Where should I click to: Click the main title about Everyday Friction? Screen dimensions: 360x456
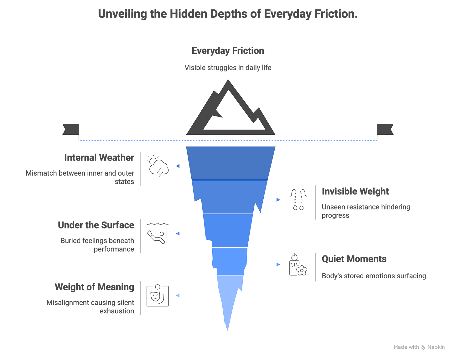[228, 14]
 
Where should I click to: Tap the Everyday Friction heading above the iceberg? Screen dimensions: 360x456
[228, 51]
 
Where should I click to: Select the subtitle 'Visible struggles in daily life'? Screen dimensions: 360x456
[228, 68]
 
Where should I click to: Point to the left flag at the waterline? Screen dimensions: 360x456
[71, 129]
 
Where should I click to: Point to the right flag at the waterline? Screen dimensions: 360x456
[385, 129]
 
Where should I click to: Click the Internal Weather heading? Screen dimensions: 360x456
[99, 158]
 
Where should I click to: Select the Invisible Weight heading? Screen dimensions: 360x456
[355, 191]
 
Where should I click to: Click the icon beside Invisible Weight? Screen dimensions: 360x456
[298, 199]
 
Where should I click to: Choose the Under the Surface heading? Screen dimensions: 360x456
[96, 225]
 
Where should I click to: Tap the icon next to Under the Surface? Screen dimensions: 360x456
[158, 234]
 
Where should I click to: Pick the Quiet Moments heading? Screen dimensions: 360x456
[354, 259]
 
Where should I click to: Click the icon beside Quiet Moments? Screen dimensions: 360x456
[298, 265]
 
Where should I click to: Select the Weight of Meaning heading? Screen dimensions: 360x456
[94, 287]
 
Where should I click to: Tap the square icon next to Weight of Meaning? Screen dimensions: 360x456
[158, 296]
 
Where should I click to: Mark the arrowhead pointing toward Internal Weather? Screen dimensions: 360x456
[178, 166]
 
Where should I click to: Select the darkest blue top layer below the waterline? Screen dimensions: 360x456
[231, 163]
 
